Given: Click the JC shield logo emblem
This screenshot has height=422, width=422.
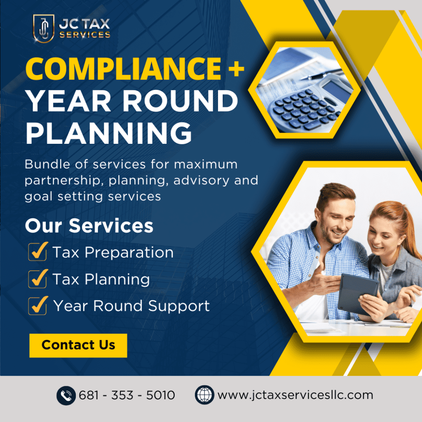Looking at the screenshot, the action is click(x=44, y=28).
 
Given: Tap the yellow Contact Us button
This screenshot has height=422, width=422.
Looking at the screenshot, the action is click(x=78, y=345).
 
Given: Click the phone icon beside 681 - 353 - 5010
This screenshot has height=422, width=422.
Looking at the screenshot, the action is click(x=66, y=395).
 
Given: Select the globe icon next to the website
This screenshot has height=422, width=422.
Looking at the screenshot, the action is click(x=204, y=395).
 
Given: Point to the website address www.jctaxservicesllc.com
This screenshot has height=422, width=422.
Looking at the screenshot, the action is click(x=295, y=395).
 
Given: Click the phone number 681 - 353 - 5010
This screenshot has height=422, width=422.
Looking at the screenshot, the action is click(x=127, y=395).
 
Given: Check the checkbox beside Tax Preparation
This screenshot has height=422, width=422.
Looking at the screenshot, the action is click(x=38, y=251).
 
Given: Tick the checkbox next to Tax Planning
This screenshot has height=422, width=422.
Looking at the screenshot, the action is click(x=38, y=279).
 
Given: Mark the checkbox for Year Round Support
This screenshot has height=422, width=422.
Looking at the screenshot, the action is click(x=38, y=305).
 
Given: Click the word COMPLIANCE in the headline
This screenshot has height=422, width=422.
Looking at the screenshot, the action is click(x=124, y=69).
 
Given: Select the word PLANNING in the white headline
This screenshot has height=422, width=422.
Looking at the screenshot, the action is click(x=109, y=133).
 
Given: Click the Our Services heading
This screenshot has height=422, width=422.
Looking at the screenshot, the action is click(x=89, y=225).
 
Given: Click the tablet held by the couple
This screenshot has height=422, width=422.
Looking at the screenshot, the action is click(x=358, y=294).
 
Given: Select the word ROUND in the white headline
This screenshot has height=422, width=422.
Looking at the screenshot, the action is click(x=180, y=101).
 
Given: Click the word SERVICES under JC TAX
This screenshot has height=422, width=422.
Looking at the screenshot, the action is click(x=85, y=35).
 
